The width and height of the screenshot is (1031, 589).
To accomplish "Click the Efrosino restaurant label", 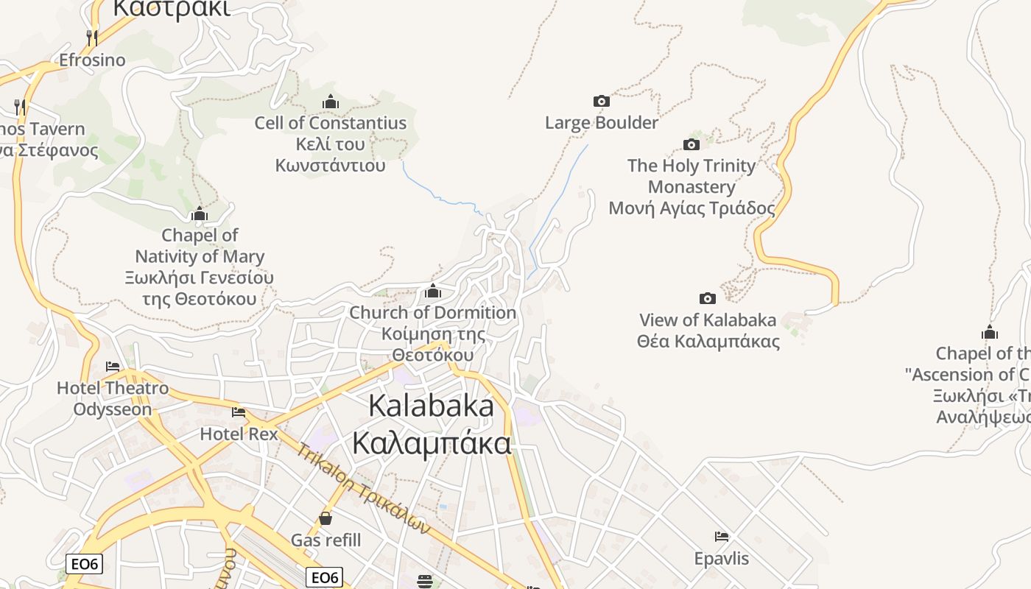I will (x=92, y=60).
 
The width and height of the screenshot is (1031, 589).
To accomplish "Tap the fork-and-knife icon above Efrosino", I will (x=92, y=37).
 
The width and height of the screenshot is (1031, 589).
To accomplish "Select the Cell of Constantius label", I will (x=331, y=144).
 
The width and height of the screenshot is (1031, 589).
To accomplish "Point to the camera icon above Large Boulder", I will (x=602, y=101).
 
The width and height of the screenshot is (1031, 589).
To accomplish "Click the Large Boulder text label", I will (x=602, y=122).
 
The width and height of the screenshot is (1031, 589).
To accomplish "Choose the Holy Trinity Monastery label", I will (x=692, y=187).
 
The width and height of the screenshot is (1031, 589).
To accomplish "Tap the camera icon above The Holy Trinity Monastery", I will (x=691, y=144).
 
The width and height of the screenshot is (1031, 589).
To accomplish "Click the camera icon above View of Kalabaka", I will (x=707, y=298).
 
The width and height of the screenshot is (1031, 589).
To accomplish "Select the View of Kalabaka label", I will (x=708, y=331).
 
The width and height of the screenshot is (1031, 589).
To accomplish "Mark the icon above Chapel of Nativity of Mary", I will (x=200, y=214).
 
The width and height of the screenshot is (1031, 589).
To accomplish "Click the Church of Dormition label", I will (x=433, y=334).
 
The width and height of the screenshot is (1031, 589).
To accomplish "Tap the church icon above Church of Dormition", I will (x=433, y=292).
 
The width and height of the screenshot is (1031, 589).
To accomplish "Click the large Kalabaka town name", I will (x=431, y=424).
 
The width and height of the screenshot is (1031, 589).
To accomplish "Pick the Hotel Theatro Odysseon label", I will (x=113, y=398).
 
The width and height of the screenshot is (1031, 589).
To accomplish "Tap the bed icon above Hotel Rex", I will (x=239, y=412).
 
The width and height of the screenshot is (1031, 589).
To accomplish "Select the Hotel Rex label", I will (x=239, y=434).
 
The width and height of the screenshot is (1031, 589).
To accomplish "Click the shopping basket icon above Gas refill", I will (x=326, y=518).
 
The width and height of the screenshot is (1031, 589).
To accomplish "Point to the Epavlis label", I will (x=722, y=558).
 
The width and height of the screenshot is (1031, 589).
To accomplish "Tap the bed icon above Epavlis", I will (x=722, y=537).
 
